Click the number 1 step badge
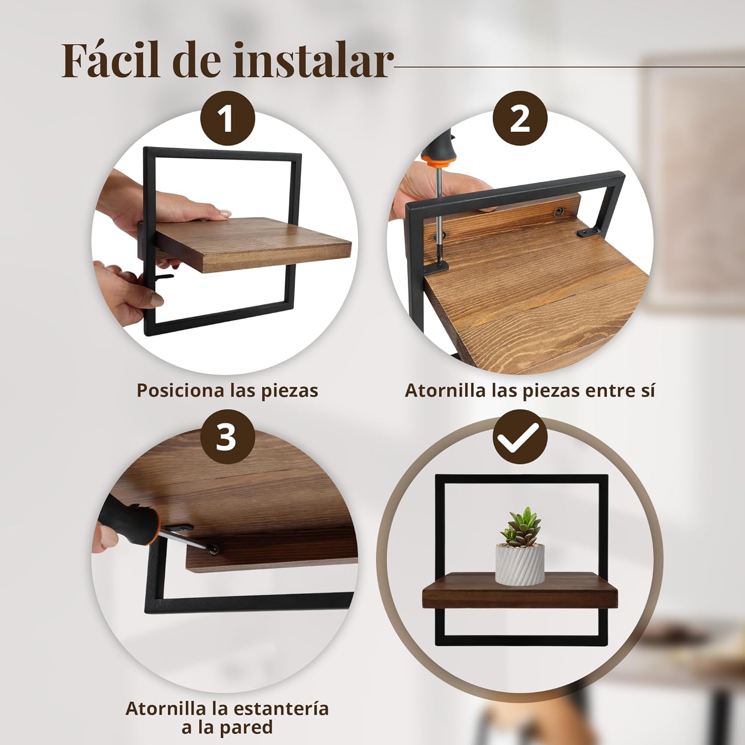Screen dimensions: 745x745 pos(227,119)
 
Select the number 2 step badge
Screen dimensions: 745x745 pos(520,119)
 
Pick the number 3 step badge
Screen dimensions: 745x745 pos(227,437)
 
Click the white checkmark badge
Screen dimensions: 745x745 pos(520,437)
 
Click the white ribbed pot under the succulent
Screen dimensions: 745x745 pos(520,564)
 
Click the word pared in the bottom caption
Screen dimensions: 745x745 pos(246,728)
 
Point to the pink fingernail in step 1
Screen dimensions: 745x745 pos(225,213)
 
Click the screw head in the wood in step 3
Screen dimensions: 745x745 pos(215,549)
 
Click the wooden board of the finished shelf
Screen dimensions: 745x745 pos(520,591)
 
